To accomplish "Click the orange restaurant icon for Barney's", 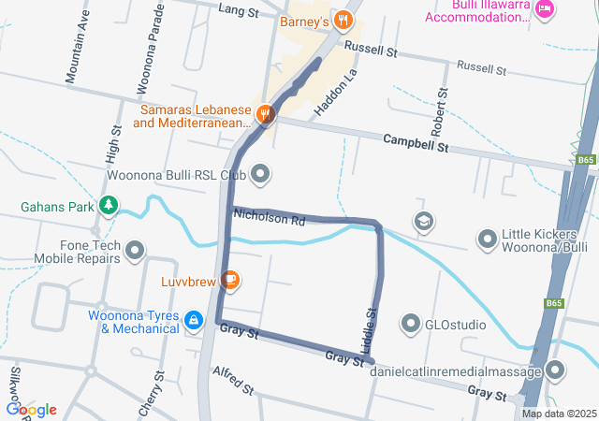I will point(344,19).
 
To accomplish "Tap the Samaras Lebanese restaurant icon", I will point(267,114).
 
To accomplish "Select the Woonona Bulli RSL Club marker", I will point(260,173).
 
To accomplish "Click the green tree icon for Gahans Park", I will point(110,204).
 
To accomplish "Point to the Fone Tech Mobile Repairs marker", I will point(136,250).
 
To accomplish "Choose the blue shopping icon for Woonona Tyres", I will point(193,321).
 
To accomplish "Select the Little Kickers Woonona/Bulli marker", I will point(487,240).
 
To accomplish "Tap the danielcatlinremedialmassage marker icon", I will point(555,370).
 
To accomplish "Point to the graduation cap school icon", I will point(424,221).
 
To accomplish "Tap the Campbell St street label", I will point(416,143).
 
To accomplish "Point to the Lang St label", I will point(238,10).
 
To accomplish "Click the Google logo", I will point(31,409).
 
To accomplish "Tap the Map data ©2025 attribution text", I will point(559,414).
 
